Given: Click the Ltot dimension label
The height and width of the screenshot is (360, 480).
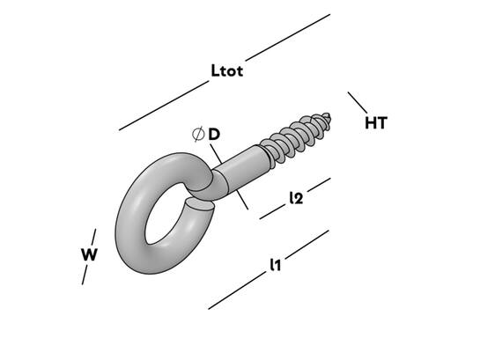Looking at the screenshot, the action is click(x=227, y=70).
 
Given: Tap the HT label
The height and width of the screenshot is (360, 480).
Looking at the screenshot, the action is click(x=376, y=123).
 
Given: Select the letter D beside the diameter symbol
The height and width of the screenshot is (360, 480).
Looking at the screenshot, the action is click(x=214, y=135).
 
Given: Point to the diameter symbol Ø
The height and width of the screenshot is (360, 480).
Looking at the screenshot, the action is click(x=198, y=134).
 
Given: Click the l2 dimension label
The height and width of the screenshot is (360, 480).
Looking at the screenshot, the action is click(x=296, y=198).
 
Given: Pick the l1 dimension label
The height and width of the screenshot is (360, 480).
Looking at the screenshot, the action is click(x=275, y=265).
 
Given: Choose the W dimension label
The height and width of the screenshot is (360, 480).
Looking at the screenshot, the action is click(x=89, y=254).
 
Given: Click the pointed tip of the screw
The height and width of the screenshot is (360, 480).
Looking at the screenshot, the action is click(x=329, y=115).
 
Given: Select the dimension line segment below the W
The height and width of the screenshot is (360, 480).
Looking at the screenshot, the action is click(x=85, y=275).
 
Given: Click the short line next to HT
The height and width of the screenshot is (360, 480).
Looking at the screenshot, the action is click(x=358, y=102).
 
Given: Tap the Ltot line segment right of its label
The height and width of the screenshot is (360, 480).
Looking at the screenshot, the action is click(x=288, y=37).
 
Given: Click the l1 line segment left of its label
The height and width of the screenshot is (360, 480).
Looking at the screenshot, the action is click(x=237, y=290).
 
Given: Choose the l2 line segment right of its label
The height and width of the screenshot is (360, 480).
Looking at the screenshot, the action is click(x=319, y=185).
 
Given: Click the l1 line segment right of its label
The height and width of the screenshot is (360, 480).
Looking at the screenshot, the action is click(x=307, y=245).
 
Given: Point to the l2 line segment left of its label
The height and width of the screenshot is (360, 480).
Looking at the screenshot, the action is click(x=272, y=212).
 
